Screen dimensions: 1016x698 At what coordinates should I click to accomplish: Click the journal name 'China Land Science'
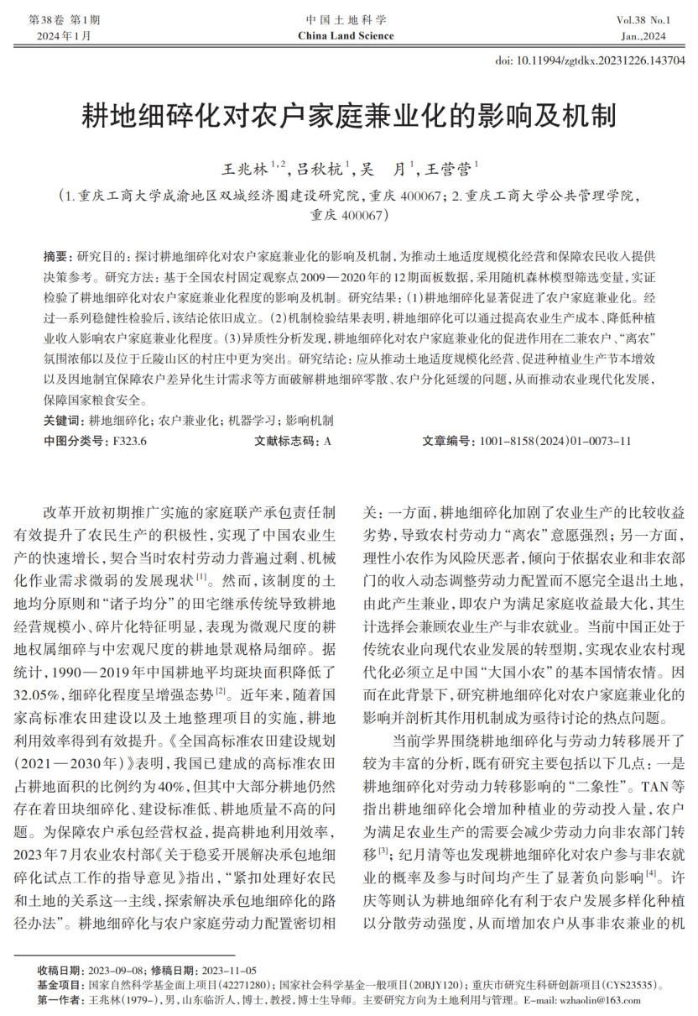(345, 36)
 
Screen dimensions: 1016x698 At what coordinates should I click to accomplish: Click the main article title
(348, 116)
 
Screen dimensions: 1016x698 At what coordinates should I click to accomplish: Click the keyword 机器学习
(251, 421)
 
